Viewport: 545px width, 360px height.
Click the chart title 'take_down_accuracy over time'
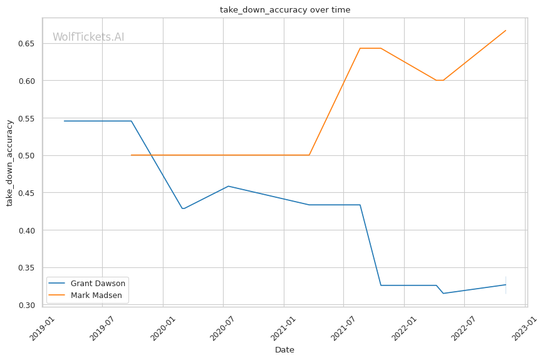(285, 10)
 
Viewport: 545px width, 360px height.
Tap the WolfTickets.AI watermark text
(88, 37)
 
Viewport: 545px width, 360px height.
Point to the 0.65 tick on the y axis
(26, 44)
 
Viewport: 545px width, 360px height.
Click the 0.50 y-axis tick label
(26, 156)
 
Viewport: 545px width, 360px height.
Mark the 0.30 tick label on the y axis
(26, 305)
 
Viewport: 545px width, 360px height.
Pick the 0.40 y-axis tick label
(26, 230)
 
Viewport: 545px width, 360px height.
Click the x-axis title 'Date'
(284, 350)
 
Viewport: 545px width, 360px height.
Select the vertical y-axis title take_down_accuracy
(9, 163)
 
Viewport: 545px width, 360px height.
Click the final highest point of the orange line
(506, 31)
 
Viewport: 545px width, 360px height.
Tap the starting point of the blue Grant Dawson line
(64, 121)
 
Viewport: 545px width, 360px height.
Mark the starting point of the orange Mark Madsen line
(131, 155)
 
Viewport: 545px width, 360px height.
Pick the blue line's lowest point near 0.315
(443, 293)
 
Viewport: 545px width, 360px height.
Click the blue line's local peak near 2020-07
(229, 186)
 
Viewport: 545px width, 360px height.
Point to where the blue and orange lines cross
(151, 155)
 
